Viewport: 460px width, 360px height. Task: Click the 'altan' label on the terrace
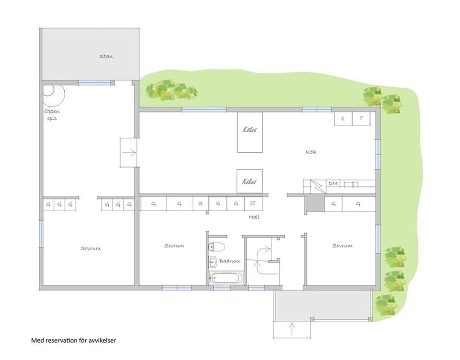coord(106,56)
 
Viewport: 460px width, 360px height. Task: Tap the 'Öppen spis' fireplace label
coord(52,115)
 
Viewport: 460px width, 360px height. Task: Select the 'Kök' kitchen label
coord(311,152)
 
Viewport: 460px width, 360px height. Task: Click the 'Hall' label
coord(254,217)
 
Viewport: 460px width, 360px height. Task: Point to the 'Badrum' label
coord(230,261)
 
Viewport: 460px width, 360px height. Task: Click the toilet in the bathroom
coord(217,247)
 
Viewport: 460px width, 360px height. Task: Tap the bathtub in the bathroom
coord(227,278)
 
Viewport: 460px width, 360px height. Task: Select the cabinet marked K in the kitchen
coord(343,119)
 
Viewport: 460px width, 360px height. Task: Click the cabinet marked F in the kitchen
coord(361,119)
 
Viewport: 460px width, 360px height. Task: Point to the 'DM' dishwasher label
coord(333,184)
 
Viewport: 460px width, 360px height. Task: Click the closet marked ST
coord(253,203)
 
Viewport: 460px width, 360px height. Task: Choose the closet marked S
coord(201,203)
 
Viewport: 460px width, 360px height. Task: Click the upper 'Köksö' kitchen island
coord(250,132)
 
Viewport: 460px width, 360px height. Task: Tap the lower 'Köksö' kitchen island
coord(250,181)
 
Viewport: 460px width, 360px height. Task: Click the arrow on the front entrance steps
coord(292,329)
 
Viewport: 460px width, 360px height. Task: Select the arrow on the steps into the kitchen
coord(129,153)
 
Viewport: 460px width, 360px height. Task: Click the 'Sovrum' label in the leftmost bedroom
coord(91,248)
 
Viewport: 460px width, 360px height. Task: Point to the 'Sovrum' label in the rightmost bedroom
coord(342,246)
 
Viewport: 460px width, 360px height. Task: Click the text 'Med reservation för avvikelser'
coord(74,340)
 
